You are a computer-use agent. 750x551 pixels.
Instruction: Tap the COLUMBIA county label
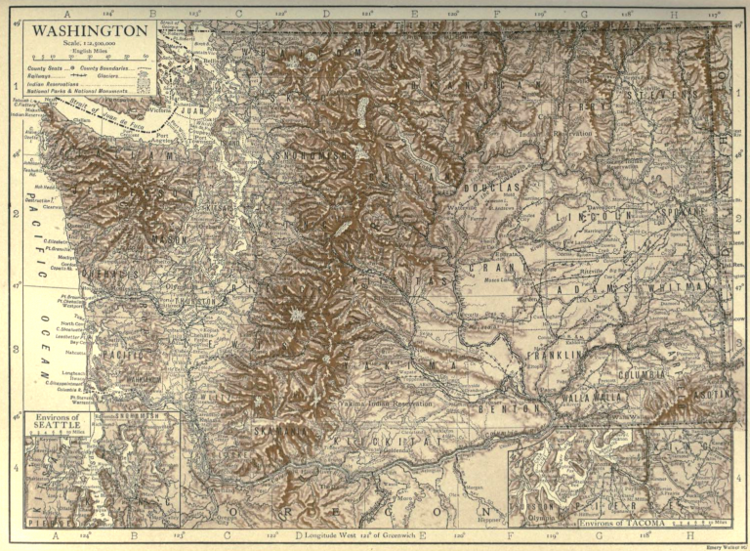pos(642,374)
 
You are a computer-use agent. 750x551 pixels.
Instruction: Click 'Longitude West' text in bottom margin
pos(332,536)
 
